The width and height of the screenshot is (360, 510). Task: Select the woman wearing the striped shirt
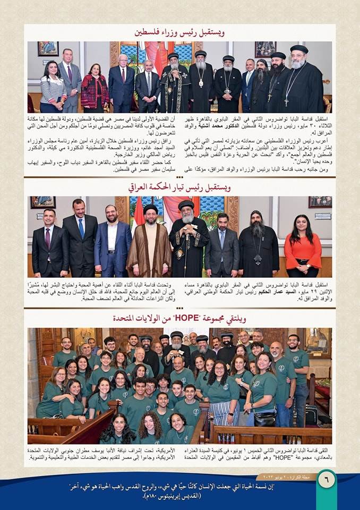pos(54,88)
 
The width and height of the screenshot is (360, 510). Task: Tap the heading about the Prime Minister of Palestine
pos(179,32)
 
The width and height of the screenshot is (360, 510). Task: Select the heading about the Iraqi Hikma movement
pos(179,187)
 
